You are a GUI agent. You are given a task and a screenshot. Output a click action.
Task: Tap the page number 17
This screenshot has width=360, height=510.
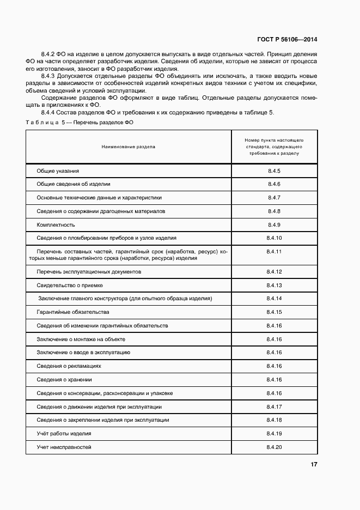point(314,464)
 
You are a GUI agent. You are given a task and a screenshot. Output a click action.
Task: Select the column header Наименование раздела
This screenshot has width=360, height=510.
point(128,147)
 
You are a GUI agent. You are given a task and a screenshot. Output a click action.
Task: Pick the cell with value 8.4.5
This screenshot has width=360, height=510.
point(274,171)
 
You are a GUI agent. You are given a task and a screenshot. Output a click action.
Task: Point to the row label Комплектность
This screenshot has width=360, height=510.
point(56,224)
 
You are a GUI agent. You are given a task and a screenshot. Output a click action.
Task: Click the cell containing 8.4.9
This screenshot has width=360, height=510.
point(274,224)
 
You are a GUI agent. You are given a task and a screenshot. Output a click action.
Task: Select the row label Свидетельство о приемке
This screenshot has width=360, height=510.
point(70,285)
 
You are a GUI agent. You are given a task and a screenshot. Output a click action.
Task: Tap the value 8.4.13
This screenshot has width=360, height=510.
point(274,285)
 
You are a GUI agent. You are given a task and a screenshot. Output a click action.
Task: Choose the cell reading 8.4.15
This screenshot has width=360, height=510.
point(274,312)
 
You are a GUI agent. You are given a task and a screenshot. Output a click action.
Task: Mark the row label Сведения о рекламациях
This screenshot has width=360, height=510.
point(69,366)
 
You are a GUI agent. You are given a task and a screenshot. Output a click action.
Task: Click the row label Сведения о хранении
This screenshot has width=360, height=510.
point(64,380)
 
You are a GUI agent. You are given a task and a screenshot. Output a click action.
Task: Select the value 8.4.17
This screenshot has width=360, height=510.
point(274,406)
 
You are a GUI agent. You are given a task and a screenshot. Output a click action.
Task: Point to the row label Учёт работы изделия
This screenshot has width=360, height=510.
point(64,434)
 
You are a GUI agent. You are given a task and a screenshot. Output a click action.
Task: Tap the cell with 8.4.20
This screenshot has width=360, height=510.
point(274,447)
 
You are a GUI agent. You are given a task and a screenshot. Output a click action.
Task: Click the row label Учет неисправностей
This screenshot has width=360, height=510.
point(64,447)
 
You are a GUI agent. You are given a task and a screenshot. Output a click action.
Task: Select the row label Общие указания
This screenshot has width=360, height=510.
point(58,171)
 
